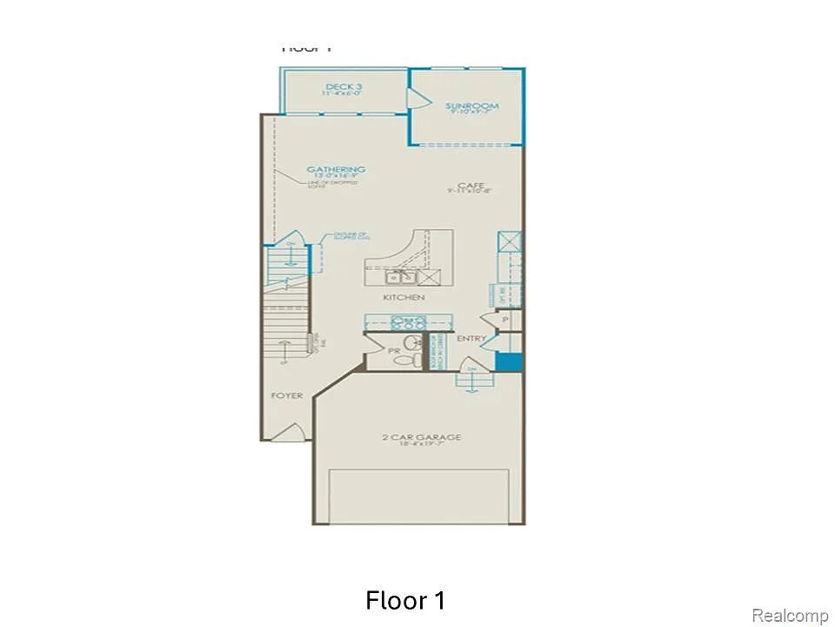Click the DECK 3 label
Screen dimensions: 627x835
(344, 87)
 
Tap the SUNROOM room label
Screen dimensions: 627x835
(472, 107)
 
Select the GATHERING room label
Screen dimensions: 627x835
(336, 170)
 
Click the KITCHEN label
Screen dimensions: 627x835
(404, 298)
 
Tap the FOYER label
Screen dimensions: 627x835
(287, 395)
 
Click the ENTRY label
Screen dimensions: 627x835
(471, 339)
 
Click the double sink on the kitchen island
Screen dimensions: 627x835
(402, 278)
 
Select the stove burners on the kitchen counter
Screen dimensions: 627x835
(409, 320)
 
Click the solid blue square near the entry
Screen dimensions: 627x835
(507, 363)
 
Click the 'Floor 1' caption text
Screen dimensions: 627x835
(406, 601)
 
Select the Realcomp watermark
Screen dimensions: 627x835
(790, 616)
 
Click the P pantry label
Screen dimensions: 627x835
(505, 320)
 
